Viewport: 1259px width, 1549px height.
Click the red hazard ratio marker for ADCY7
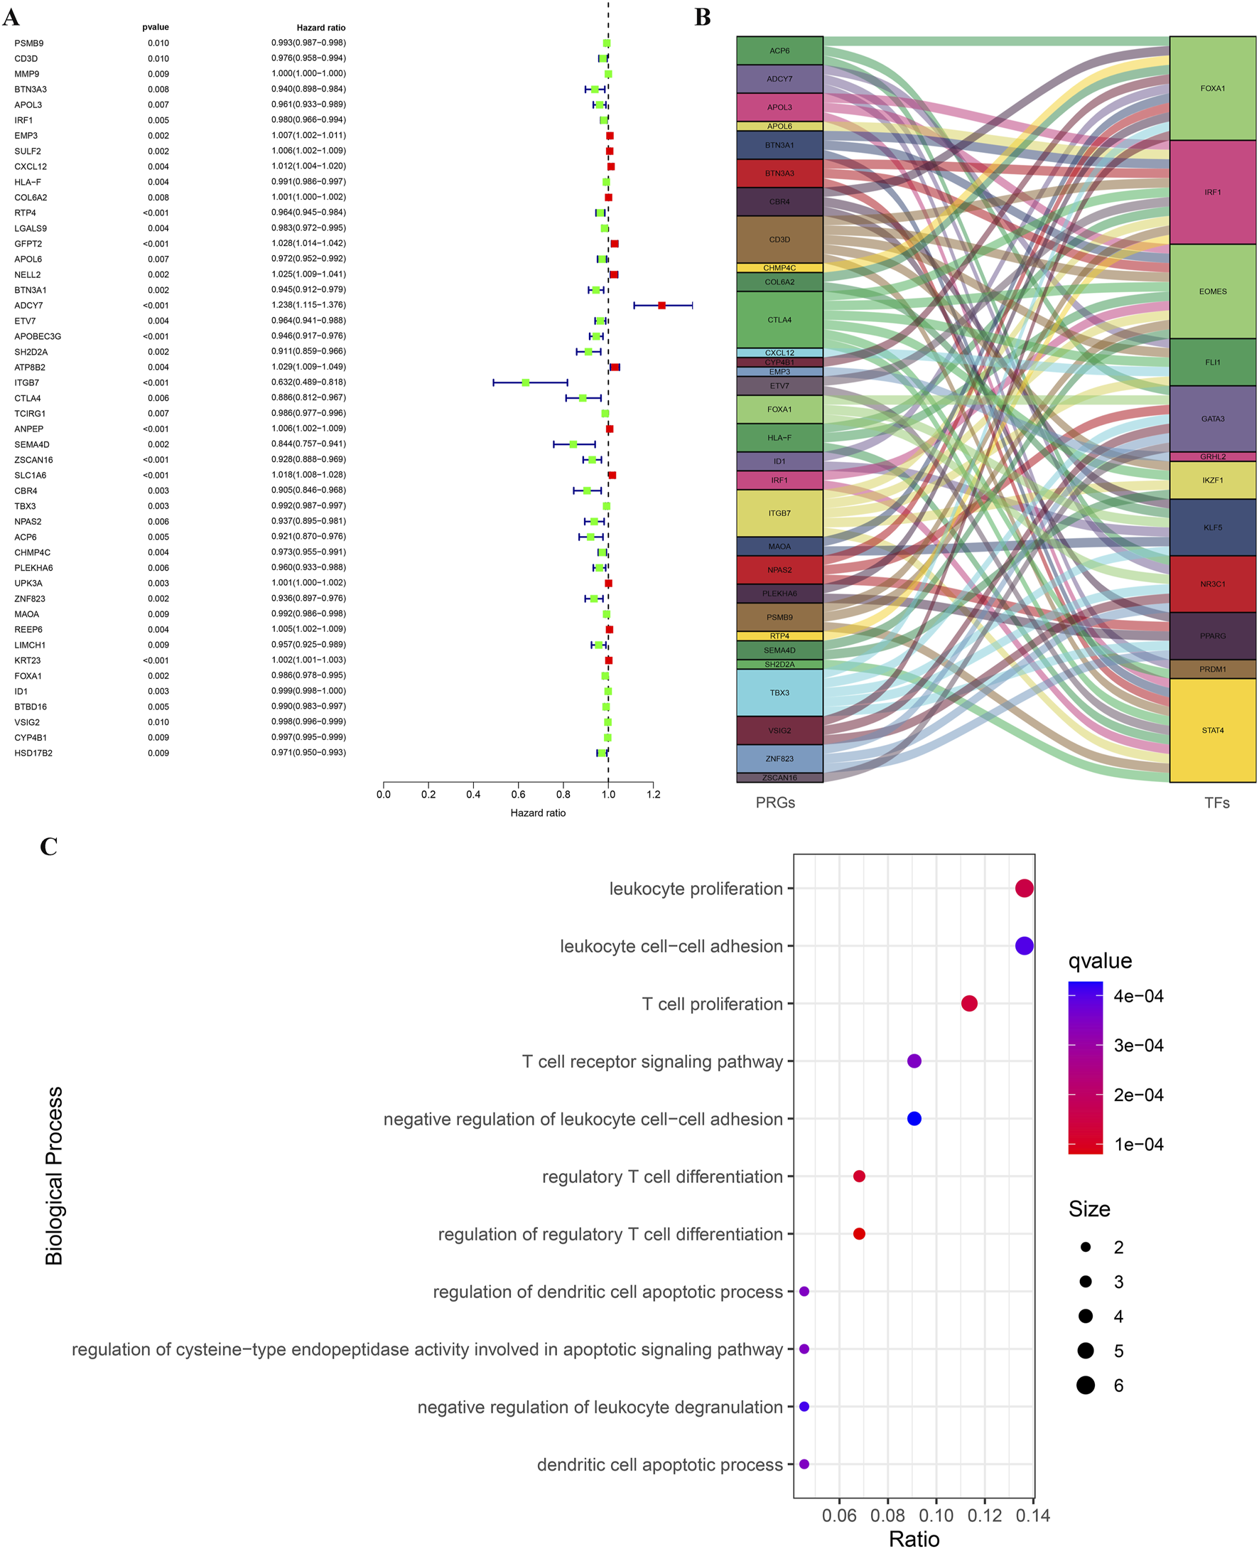(661, 306)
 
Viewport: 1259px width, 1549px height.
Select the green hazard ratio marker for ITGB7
(525, 382)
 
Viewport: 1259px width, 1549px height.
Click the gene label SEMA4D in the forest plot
(32, 445)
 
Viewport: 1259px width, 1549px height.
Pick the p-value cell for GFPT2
(156, 244)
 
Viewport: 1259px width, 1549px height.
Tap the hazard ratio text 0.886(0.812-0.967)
(308, 397)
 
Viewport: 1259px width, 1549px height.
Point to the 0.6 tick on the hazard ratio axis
(518, 795)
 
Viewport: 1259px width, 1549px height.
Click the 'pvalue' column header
(155, 28)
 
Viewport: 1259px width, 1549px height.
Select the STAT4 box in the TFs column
(1212, 730)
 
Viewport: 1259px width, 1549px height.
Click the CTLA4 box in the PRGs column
(779, 320)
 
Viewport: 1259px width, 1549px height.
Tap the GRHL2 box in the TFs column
(1212, 456)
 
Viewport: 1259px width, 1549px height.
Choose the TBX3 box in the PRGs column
(779, 693)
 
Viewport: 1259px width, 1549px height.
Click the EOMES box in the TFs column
(1212, 291)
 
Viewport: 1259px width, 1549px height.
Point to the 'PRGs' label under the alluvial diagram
(775, 803)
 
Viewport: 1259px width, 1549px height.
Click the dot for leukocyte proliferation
(1023, 888)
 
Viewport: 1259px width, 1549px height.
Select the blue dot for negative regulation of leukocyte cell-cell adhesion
(914, 1119)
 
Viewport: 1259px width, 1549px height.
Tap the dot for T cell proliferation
(969, 1004)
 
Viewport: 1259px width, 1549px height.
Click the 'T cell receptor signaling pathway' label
(652, 1061)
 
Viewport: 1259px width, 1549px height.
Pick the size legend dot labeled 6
(1085, 1385)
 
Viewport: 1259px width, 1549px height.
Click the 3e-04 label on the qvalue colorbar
(1138, 1046)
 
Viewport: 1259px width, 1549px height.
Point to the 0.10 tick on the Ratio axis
(936, 1516)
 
